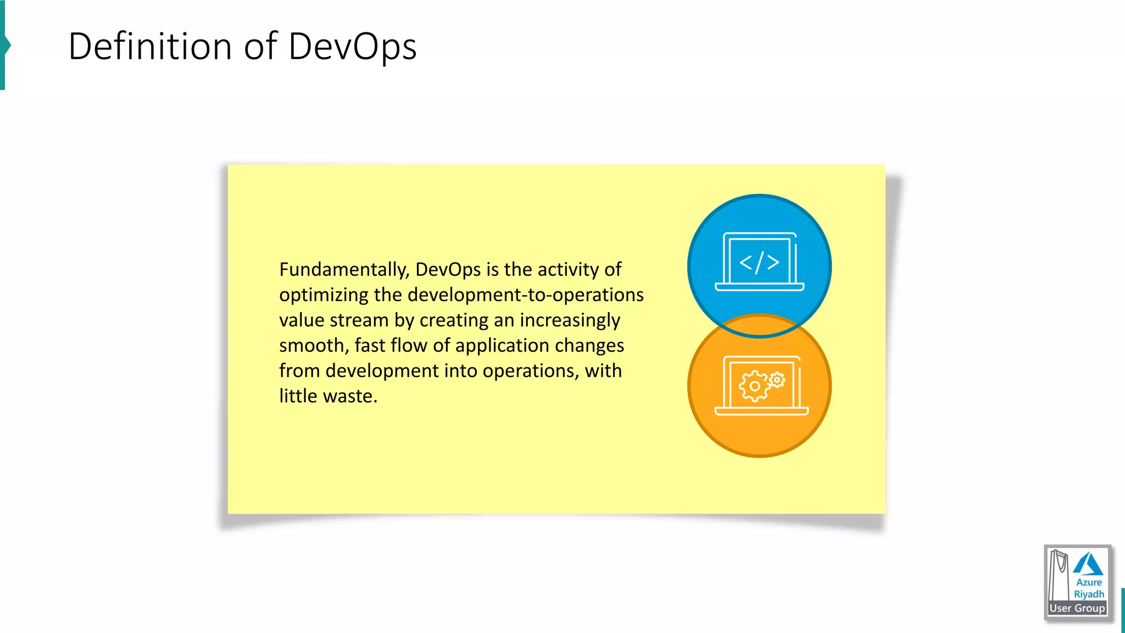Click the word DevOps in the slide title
[x=352, y=47]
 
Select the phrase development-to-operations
[x=525, y=295]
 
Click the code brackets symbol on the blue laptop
[x=759, y=263]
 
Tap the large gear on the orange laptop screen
[x=754, y=386]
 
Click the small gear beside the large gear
[x=777, y=379]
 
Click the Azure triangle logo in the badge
[x=1088, y=564]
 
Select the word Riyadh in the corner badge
[x=1089, y=595]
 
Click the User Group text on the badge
[x=1077, y=608]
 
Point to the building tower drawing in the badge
[x=1058, y=574]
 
